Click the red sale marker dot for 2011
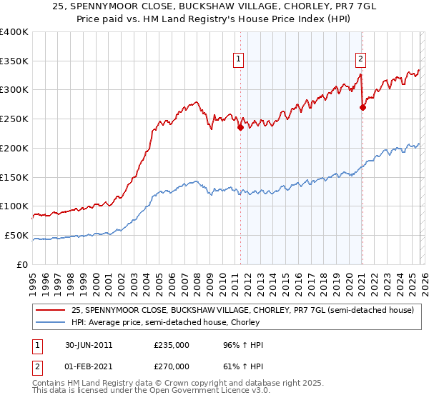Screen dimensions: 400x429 click(240, 128)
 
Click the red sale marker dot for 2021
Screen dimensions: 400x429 click(363, 108)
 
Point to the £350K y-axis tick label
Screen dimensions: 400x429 click(14, 61)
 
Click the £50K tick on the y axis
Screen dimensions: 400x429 click(16, 235)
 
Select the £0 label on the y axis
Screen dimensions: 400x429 click(24, 264)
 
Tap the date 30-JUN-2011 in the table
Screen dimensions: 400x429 click(89, 345)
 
